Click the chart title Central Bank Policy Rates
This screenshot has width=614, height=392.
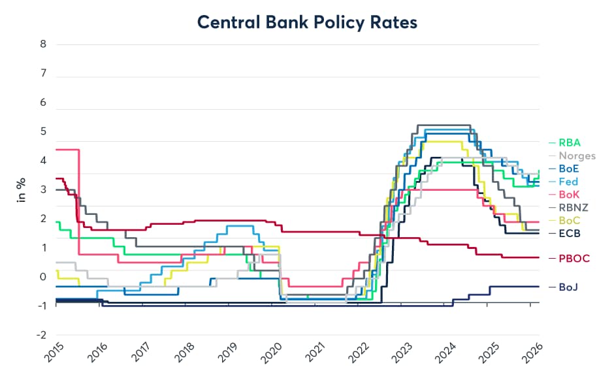tap(307, 22)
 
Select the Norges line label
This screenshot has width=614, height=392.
tap(577, 155)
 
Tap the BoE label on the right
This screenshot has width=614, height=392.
tap(568, 169)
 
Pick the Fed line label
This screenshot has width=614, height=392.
tap(568, 182)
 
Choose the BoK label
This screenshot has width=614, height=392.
tap(568, 195)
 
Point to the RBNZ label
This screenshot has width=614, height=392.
tap(573, 208)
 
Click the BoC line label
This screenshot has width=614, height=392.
tap(568, 221)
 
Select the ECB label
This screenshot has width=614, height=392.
tap(569, 233)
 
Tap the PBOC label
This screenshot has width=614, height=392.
tap(574, 258)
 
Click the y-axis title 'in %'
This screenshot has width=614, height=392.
tap(22, 189)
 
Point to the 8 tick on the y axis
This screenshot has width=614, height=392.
tap(42, 45)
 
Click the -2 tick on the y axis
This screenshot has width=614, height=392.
tap(40, 335)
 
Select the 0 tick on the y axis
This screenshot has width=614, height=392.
tap(42, 277)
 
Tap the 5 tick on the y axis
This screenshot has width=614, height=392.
tap(42, 132)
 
